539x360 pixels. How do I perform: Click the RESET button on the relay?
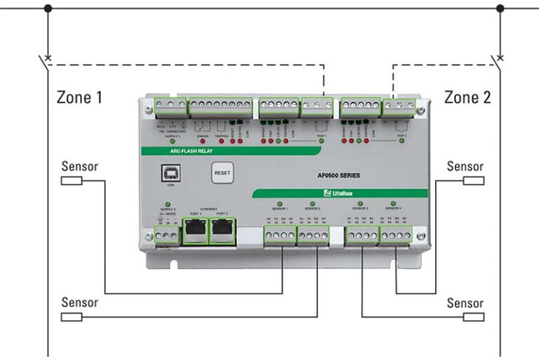click(221, 172)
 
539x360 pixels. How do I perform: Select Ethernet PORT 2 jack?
click(222, 230)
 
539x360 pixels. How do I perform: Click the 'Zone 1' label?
click(79, 97)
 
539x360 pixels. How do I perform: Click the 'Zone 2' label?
click(467, 97)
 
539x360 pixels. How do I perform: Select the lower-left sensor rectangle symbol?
click(72, 317)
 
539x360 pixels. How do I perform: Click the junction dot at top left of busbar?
click(48, 8)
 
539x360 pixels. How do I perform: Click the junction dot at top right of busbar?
click(500, 8)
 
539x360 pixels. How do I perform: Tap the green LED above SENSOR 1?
click(279, 204)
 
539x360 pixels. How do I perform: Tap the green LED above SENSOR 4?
click(393, 204)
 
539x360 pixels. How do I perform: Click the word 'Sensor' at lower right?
click(465, 303)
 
